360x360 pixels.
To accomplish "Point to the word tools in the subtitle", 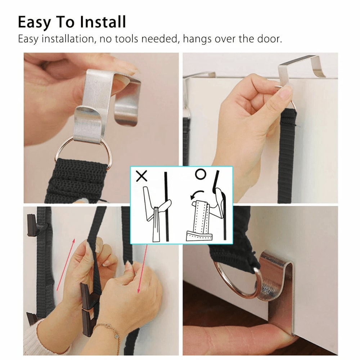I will (x=125, y=39).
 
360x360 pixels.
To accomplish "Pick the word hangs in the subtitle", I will (x=198, y=39).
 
